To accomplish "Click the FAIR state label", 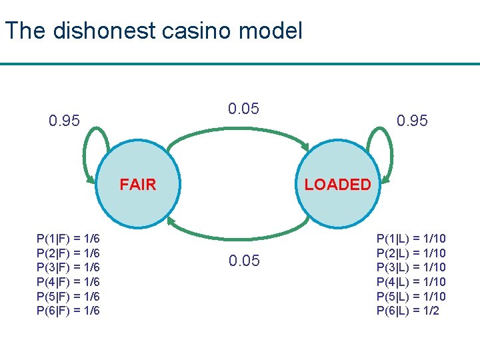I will [x=138, y=185].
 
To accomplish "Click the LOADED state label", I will [x=337, y=185].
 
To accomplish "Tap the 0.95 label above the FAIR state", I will [x=65, y=121].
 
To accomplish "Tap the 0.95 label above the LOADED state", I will [x=412, y=121].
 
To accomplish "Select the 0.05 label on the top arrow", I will [x=243, y=109].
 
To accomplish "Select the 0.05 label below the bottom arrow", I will [x=244, y=261].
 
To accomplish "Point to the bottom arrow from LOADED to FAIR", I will [x=238, y=237].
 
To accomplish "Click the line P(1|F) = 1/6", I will [x=69, y=239].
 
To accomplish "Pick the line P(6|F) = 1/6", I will [x=69, y=311].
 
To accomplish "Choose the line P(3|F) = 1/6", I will [x=69, y=267].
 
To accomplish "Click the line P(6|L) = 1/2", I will [x=408, y=311].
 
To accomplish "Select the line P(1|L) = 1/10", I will [x=411, y=239].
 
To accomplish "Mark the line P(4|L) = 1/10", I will [x=411, y=282].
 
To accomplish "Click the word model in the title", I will [x=275, y=31].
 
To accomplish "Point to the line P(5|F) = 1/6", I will [x=69, y=296].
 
